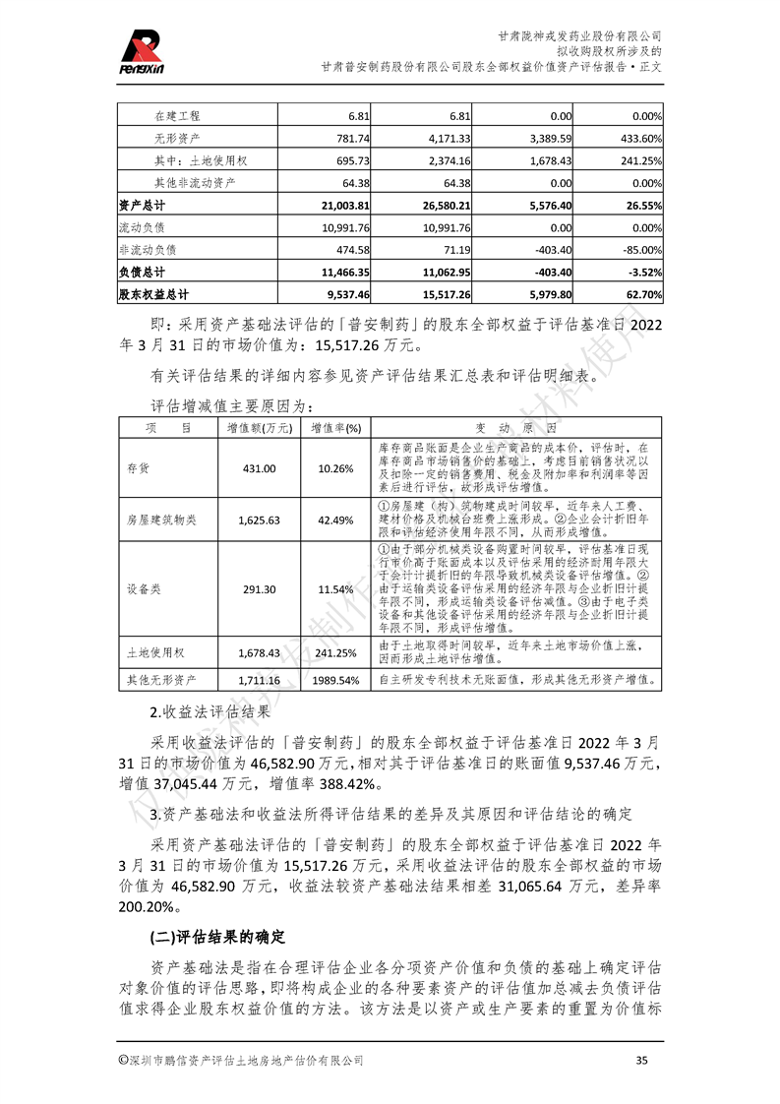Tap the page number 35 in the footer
click(642, 1061)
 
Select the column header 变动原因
click(517, 429)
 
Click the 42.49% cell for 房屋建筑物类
click(335, 520)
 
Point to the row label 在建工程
click(177, 115)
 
